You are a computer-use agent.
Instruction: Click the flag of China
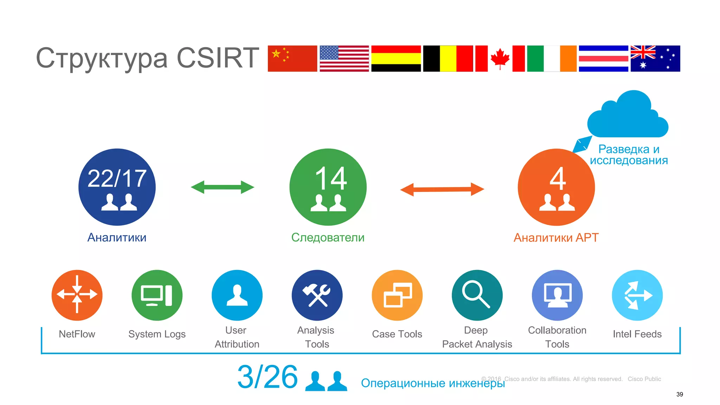click(292, 58)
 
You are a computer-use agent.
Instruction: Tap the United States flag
click(344, 58)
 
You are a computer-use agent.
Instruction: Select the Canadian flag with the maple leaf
click(500, 58)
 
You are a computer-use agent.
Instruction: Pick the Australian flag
click(655, 58)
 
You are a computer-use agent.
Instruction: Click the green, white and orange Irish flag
click(552, 58)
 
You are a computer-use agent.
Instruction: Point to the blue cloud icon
click(628, 116)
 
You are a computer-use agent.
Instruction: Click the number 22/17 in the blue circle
click(117, 178)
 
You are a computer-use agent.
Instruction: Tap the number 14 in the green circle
click(331, 178)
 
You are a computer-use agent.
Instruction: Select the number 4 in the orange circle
click(558, 179)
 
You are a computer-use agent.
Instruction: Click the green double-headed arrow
click(222, 187)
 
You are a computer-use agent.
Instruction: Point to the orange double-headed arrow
click(442, 189)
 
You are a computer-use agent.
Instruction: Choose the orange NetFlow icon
click(77, 295)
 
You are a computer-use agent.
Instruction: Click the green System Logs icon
click(157, 295)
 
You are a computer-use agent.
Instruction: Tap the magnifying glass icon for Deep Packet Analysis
click(477, 295)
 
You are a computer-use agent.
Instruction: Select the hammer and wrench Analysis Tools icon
click(317, 295)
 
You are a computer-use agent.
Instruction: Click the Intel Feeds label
click(637, 334)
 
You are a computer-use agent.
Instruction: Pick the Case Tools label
click(397, 334)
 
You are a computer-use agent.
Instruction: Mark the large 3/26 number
click(268, 377)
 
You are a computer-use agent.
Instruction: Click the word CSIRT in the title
click(218, 58)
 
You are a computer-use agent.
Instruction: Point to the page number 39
click(680, 394)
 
